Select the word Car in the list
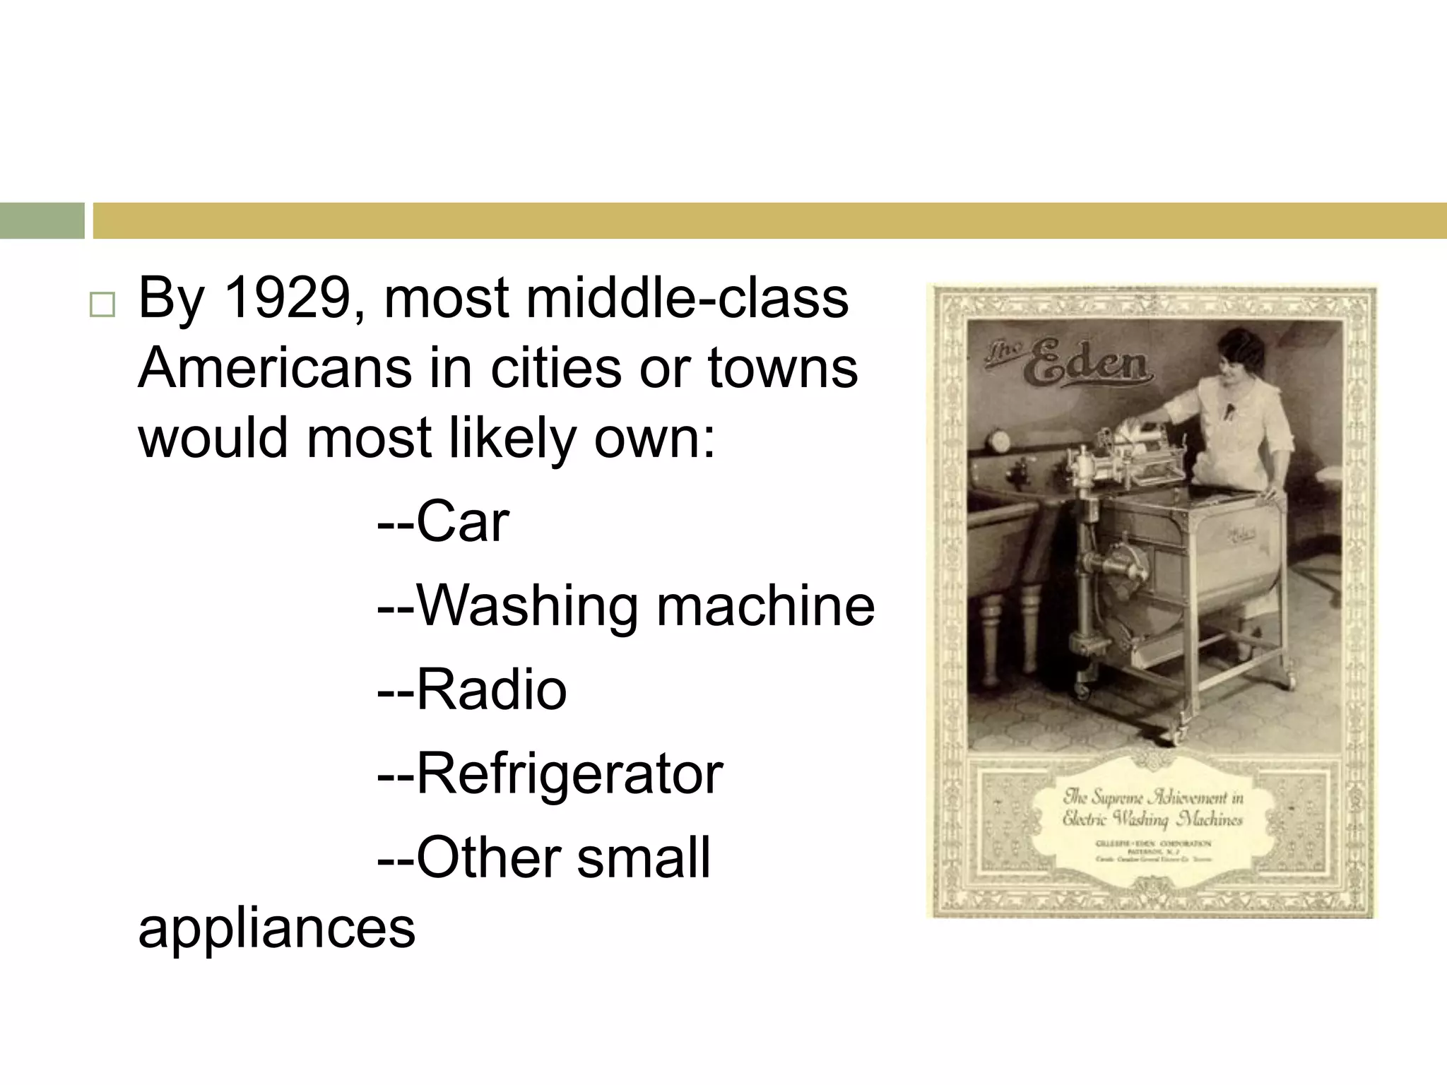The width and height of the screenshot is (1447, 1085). (463, 522)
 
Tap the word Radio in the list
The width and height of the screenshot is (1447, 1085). (492, 689)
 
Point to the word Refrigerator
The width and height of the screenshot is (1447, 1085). (569, 774)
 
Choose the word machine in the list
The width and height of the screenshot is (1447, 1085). (766, 606)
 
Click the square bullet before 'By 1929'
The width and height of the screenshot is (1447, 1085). (102, 306)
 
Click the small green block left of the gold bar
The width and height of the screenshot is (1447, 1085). (42, 220)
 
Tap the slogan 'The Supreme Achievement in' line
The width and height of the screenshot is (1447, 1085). (1153, 798)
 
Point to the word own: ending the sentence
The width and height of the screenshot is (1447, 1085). (654, 438)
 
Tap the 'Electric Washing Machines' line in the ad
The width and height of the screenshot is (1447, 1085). (1152, 819)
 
